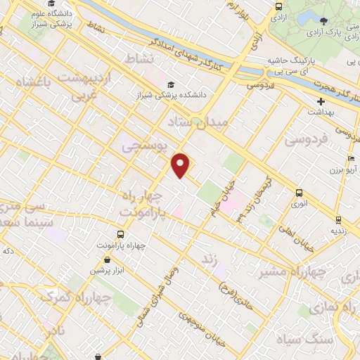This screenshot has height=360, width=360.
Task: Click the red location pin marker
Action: (x=181, y=165)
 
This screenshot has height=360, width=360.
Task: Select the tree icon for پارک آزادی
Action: (x=323, y=22)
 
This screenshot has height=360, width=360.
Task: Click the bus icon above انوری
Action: (x=300, y=193)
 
